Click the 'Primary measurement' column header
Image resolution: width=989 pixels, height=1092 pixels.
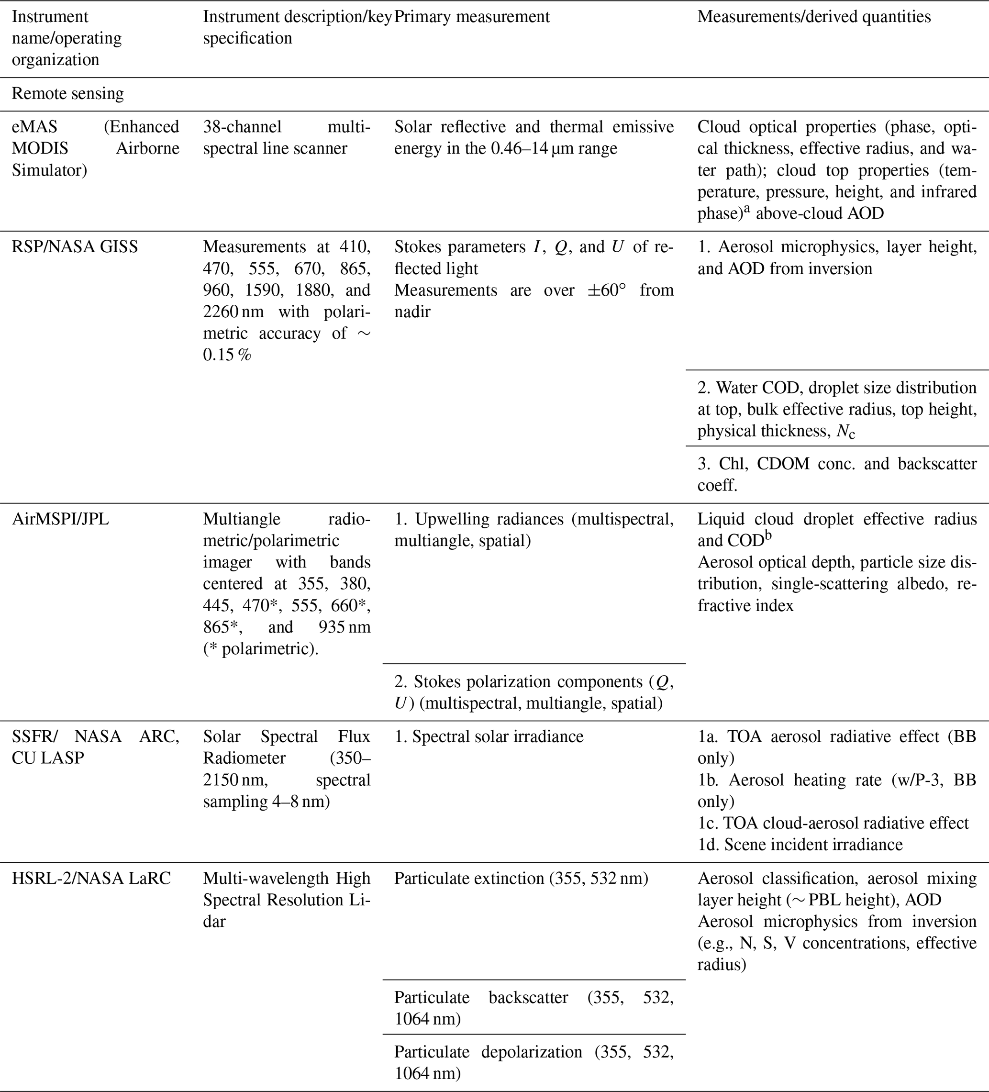[471, 17]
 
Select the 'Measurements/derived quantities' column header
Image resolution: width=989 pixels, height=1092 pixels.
[813, 17]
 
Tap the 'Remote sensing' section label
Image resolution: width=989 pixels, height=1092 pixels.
[67, 94]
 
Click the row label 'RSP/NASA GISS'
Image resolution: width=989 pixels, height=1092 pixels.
[75, 247]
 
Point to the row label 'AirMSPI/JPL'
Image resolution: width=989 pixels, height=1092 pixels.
[60, 519]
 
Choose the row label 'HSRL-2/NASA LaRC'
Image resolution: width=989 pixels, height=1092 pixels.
[91, 878]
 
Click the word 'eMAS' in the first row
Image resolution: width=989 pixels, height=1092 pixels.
[34, 127]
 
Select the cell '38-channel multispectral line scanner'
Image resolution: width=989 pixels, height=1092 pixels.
[287, 138]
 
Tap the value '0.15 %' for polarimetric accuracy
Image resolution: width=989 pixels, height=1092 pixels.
[227, 356]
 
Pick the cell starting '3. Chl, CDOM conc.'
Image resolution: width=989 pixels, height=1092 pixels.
[837, 475]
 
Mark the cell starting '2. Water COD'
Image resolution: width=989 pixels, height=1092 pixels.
[837, 409]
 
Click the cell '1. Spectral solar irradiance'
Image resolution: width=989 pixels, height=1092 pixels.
[489, 736]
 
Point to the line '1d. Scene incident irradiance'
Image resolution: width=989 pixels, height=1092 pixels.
[800, 845]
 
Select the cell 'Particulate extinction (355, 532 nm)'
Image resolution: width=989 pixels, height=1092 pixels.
[521, 878]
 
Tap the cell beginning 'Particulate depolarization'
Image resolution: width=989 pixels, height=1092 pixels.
[533, 1062]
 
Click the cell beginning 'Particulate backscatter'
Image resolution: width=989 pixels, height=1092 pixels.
[533, 1008]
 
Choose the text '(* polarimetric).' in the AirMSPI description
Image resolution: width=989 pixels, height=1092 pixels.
[260, 648]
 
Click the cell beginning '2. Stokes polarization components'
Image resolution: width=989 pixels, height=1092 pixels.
[533, 692]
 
